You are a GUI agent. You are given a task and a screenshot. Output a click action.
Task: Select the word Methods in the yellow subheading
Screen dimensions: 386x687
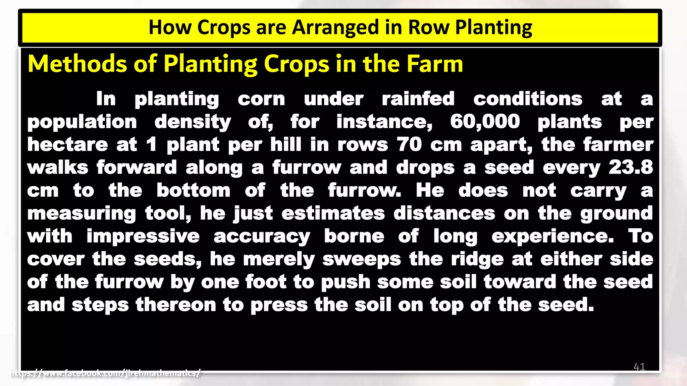click(77, 64)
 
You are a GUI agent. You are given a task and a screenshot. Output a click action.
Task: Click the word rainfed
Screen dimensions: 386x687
click(418, 99)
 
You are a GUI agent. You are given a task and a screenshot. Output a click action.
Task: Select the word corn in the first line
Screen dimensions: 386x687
click(261, 99)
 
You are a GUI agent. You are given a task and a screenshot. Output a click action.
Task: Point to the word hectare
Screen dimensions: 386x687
click(67, 144)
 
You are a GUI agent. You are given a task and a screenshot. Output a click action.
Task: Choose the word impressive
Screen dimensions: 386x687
click(143, 236)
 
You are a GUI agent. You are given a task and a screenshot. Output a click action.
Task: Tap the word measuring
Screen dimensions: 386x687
click(82, 214)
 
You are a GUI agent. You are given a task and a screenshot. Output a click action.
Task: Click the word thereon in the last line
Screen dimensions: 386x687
click(176, 305)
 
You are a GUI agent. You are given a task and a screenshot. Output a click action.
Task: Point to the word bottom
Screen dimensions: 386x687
click(194, 190)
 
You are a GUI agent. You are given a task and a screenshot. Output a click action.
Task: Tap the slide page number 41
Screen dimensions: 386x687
click(639, 367)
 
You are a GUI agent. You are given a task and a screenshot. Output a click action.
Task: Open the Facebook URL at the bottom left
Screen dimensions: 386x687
click(106, 373)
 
